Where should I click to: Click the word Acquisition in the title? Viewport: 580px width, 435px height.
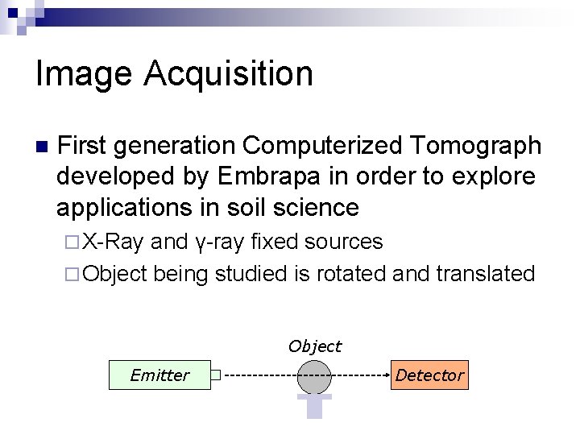point(229,74)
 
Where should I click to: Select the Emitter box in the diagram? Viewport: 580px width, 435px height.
point(159,375)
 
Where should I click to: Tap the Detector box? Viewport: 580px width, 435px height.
point(429,375)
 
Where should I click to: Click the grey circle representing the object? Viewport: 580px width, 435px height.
point(314,376)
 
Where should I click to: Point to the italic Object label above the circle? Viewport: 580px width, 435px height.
point(315,346)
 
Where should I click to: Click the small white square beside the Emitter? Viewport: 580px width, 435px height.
point(215,375)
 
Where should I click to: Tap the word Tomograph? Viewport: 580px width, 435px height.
point(475,146)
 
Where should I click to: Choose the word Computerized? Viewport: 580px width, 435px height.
point(323,146)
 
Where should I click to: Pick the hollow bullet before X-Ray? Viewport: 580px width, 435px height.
point(71,242)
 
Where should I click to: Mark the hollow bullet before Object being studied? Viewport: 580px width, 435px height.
point(71,274)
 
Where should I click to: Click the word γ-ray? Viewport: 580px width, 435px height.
point(220,242)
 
